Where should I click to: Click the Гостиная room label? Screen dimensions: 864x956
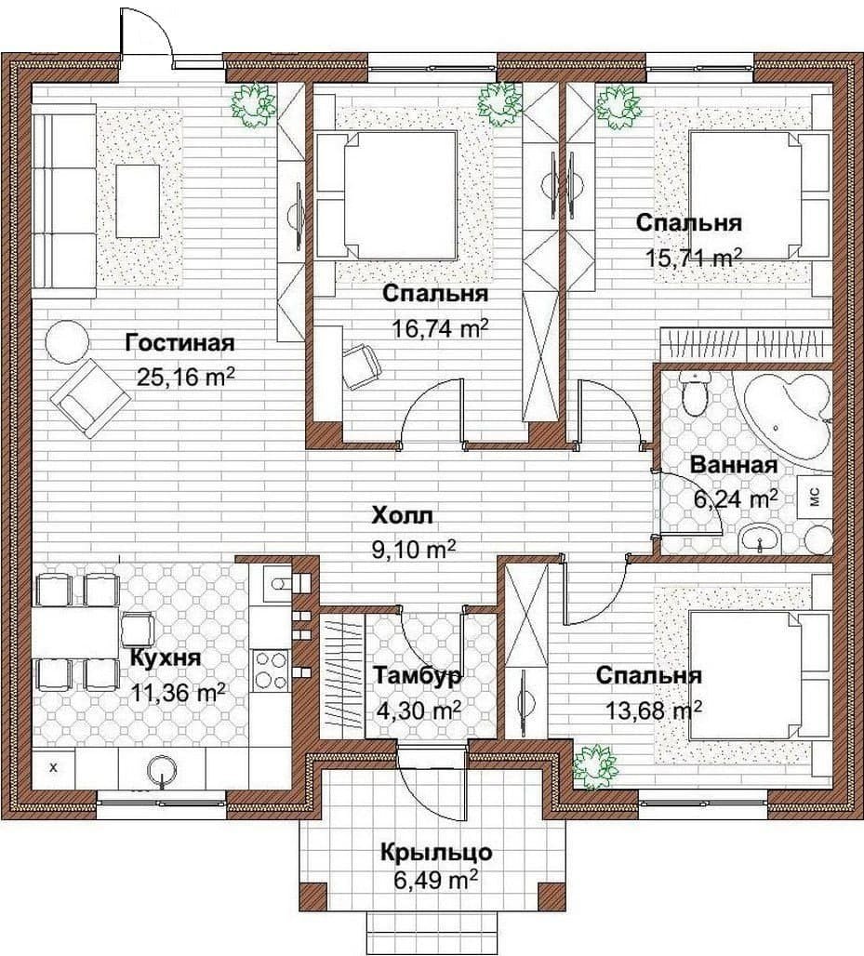click(x=179, y=343)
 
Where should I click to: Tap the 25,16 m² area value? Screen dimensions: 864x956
click(x=187, y=377)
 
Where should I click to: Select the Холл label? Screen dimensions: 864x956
click(x=403, y=516)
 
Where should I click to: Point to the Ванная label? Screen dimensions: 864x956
click(x=734, y=466)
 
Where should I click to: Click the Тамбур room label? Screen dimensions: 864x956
click(x=417, y=677)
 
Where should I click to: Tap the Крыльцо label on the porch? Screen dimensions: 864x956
click(x=436, y=852)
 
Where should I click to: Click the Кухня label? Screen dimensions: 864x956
click(x=166, y=658)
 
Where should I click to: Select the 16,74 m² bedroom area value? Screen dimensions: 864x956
click(x=440, y=328)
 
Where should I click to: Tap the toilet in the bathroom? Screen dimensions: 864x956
click(x=695, y=395)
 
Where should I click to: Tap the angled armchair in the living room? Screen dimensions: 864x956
click(x=90, y=397)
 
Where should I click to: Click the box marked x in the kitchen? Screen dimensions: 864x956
click(x=53, y=767)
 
